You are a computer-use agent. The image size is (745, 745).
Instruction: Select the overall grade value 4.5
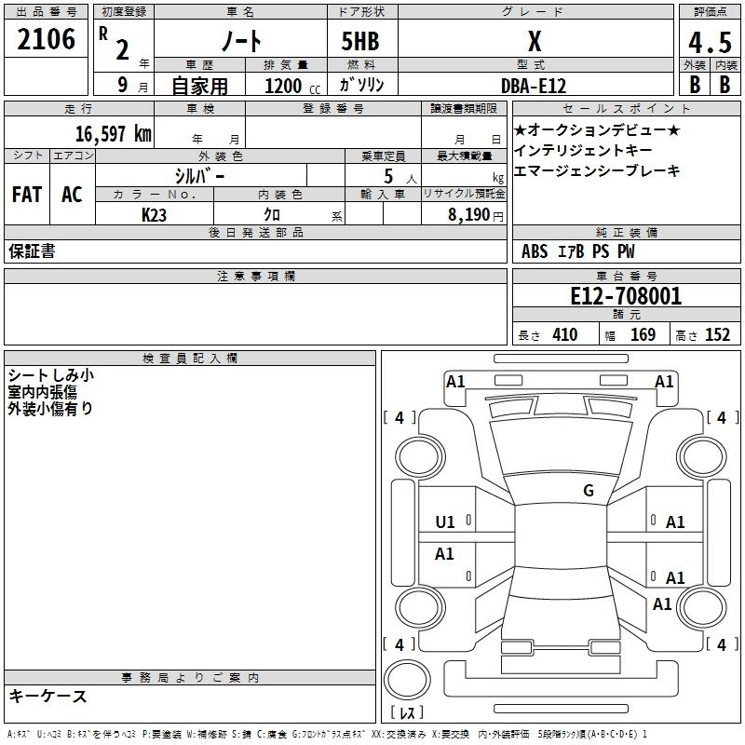[x=710, y=43]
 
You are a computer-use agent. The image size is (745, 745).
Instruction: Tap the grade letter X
[x=534, y=42]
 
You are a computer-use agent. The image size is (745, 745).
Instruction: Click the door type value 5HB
[x=360, y=43]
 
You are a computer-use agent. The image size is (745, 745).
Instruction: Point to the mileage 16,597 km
[x=113, y=133]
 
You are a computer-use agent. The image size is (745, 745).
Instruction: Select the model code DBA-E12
[x=532, y=85]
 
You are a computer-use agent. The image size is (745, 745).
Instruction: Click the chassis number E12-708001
[x=626, y=296]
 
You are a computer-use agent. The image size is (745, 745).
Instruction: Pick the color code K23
[x=155, y=214]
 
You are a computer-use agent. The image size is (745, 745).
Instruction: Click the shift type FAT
[x=27, y=195]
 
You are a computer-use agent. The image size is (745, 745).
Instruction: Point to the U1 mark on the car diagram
[x=446, y=522]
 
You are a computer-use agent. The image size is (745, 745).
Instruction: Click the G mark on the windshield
[x=589, y=491]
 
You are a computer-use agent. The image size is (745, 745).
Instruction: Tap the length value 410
[x=563, y=334]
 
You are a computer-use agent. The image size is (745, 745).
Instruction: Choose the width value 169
[x=643, y=334]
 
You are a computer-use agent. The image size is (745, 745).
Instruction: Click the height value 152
[x=716, y=334]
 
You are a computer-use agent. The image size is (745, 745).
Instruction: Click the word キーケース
[x=48, y=696]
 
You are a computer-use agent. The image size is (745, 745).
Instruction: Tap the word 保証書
[x=32, y=251]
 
